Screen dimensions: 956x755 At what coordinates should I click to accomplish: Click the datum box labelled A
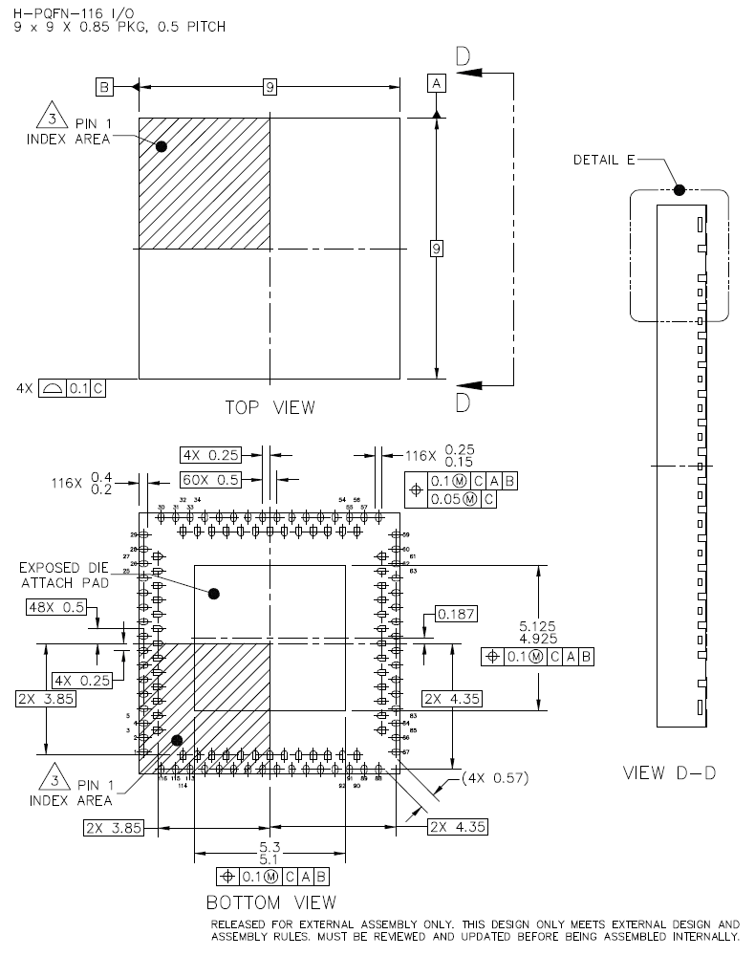click(x=437, y=85)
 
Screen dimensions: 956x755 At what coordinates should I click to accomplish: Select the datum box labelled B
click(x=104, y=87)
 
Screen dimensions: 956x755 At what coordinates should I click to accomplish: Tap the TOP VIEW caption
click(x=270, y=408)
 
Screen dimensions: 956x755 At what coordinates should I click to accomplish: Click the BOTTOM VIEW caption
click(x=271, y=902)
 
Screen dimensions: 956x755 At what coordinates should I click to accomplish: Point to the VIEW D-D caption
click(x=669, y=772)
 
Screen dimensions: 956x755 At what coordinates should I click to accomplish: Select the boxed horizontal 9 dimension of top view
click(x=270, y=87)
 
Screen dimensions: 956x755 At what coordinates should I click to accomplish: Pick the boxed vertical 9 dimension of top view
click(x=437, y=249)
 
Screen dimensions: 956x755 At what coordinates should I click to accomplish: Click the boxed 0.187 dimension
click(x=455, y=614)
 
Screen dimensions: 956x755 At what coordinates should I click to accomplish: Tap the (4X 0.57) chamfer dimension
click(x=495, y=779)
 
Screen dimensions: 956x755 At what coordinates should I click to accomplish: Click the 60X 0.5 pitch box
click(x=209, y=479)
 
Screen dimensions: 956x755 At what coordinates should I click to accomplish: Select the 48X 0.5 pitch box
click(x=56, y=607)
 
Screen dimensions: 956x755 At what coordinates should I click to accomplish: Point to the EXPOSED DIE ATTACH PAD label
click(x=64, y=574)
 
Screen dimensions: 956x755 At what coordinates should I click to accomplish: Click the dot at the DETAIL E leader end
click(x=679, y=189)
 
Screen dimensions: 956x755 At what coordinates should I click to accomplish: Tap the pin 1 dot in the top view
click(x=162, y=146)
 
